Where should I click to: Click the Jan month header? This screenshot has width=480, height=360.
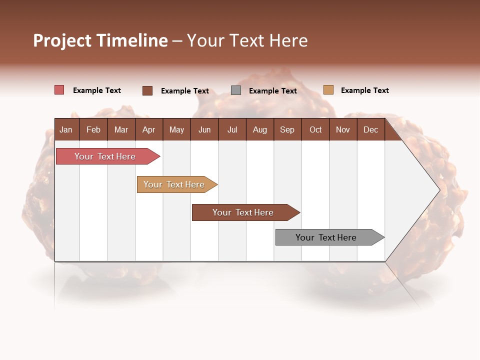[x=66, y=129]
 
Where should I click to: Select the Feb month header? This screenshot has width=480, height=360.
[x=93, y=129]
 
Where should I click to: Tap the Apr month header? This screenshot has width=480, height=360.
[x=148, y=129]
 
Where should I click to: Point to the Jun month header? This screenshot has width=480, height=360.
[x=204, y=129]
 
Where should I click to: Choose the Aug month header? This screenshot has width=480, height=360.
[x=259, y=129]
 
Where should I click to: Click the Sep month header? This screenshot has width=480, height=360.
[x=287, y=129]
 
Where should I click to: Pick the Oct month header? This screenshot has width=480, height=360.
[x=315, y=129]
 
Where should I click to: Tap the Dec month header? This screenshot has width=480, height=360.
[x=370, y=129]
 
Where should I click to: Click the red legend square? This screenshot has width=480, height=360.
[x=59, y=90]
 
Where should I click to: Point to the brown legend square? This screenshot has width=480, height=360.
[x=147, y=90]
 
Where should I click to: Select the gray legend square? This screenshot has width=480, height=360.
[x=236, y=90]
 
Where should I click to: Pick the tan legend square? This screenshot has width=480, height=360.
[x=328, y=90]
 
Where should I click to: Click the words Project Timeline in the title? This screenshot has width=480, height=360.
[x=100, y=40]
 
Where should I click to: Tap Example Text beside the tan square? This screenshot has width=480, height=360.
[x=364, y=90]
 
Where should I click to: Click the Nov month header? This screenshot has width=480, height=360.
[x=343, y=129]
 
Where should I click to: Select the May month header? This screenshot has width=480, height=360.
[x=176, y=129]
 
